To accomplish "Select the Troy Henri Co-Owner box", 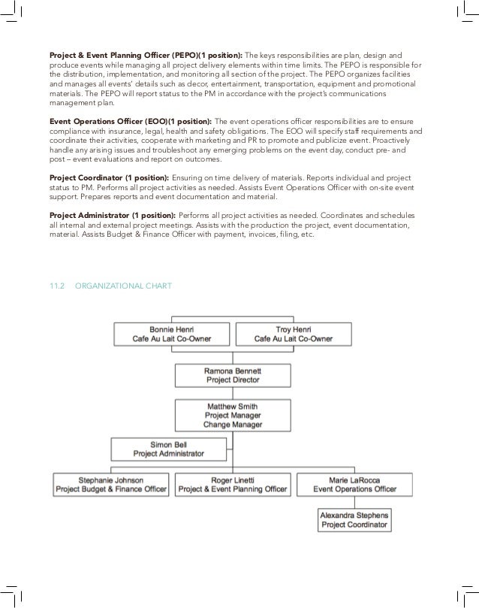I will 294,334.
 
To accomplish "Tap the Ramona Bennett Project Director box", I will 233,375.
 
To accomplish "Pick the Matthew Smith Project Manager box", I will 233,415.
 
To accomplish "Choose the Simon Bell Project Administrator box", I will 168,449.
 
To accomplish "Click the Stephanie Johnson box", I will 112,484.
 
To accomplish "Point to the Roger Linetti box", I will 232,484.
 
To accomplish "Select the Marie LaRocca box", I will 354,484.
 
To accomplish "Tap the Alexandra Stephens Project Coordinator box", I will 354,520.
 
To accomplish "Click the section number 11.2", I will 58,286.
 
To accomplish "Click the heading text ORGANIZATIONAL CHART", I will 124,286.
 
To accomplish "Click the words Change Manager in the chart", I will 233,425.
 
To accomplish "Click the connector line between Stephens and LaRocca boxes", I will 354,502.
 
